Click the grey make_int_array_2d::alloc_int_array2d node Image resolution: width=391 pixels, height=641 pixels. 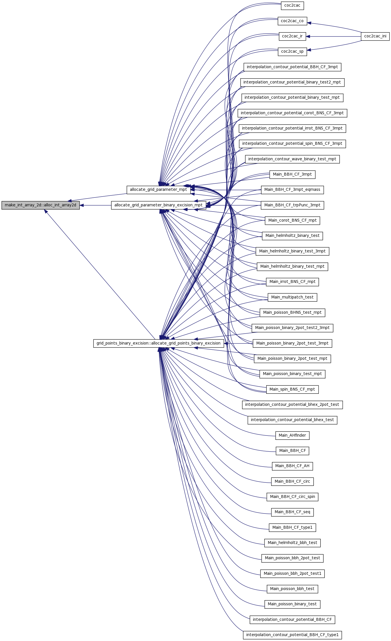pos(41,205)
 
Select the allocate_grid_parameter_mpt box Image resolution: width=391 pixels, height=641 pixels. pos(158,190)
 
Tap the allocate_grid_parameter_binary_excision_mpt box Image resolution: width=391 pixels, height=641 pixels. pos(158,205)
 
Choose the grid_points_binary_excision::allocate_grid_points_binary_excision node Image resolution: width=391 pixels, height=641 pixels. pos(158,343)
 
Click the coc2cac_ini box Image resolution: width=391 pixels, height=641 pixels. pos(375,36)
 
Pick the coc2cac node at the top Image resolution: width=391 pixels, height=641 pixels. pos(292,5)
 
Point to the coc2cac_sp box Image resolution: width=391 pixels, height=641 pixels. pos(292,52)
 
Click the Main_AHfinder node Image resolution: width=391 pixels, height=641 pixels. pos(292,435)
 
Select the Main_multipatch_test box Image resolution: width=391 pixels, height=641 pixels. pos(292,297)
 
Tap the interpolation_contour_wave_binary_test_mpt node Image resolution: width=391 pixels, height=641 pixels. pos(292,159)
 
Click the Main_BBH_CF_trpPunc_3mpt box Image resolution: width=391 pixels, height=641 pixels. pos(292,205)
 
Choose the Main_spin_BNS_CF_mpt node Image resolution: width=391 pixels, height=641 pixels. pos(292,389)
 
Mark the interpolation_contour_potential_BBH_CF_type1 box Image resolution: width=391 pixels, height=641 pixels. pos(292,635)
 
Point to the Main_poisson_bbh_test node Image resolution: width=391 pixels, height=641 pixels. pos(292,589)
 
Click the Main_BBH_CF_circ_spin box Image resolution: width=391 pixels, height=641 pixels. pos(292,497)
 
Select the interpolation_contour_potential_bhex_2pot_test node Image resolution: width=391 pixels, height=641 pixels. pos(292,405)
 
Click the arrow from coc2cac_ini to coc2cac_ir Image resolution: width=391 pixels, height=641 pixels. pos(333,37)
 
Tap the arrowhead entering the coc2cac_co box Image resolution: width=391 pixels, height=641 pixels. pos(309,23)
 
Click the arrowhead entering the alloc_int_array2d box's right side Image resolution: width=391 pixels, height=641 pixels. pos(82,205)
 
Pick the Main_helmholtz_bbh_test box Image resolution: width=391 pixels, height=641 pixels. pos(292,543)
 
